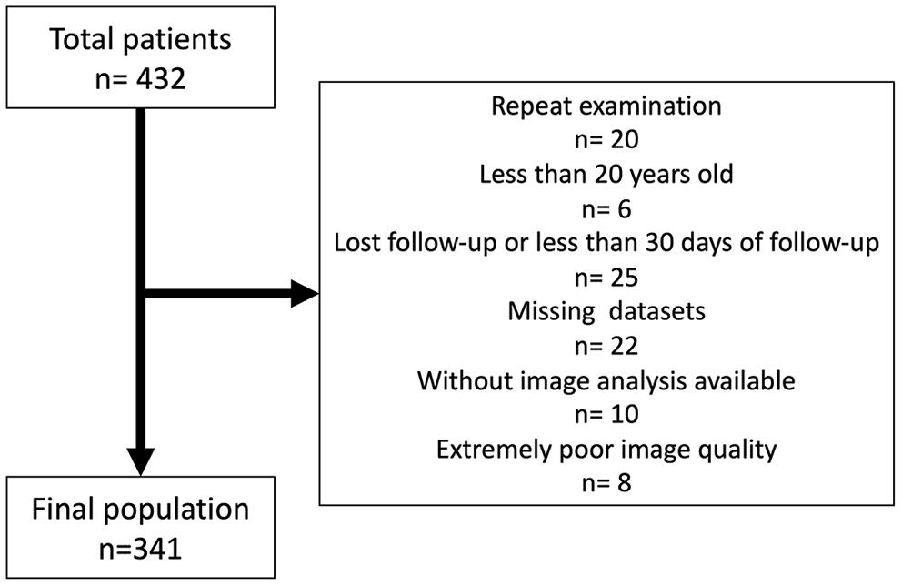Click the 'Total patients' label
141,39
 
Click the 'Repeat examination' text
606,106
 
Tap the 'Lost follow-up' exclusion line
606,245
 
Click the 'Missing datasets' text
606,310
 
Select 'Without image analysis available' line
606,380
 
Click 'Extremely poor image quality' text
606,449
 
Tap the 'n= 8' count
606,482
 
